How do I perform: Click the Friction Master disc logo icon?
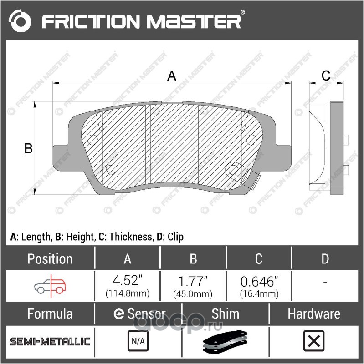pos(20,21)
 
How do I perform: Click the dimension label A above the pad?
pos(172,76)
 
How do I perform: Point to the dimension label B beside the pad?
pos(28,148)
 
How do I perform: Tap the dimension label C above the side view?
pos(326,76)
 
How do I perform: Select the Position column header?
pos(50,258)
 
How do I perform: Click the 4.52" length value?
pos(128,280)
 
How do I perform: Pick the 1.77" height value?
pos(193,281)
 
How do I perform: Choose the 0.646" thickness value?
pos(259,281)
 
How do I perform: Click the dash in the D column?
pos(325,282)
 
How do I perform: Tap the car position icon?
pos(50,286)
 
